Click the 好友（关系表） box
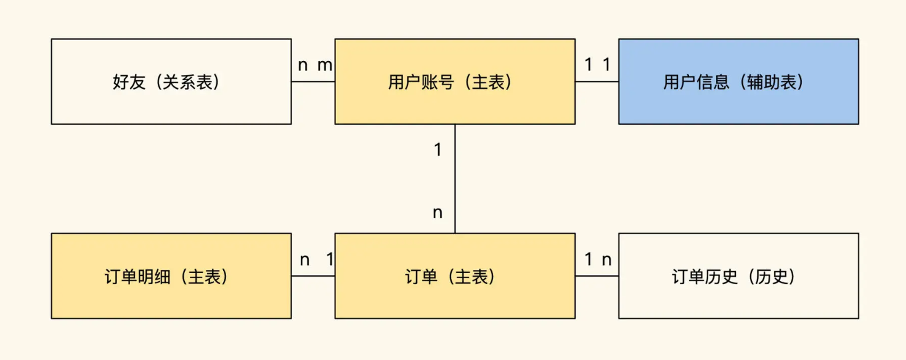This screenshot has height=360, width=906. pos(171,81)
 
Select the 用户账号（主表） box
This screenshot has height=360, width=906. pos(455,81)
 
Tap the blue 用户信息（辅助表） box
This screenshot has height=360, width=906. pos(738,81)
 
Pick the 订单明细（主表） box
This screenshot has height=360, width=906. pos(171,276)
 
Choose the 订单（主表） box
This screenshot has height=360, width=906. pos(455,276)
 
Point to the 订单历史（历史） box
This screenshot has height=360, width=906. pos(738,276)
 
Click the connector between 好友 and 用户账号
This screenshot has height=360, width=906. pos(313,81)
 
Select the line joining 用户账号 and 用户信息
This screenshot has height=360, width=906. pos(597,81)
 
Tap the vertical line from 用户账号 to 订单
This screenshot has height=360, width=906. pos(455,179)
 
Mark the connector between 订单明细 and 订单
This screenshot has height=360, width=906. pos(313,276)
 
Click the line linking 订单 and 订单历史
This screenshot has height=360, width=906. pos(597,276)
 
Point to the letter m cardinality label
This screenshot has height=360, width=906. pos(325,65)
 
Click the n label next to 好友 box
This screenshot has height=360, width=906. pos(303,65)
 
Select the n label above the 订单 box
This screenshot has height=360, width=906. pos(438,213)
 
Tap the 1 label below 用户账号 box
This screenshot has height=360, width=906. pos(438,150)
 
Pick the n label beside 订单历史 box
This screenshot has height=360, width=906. pos(606,260)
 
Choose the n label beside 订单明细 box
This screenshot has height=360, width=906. pos(304,260)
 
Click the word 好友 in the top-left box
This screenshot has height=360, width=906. pos(129,82)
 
